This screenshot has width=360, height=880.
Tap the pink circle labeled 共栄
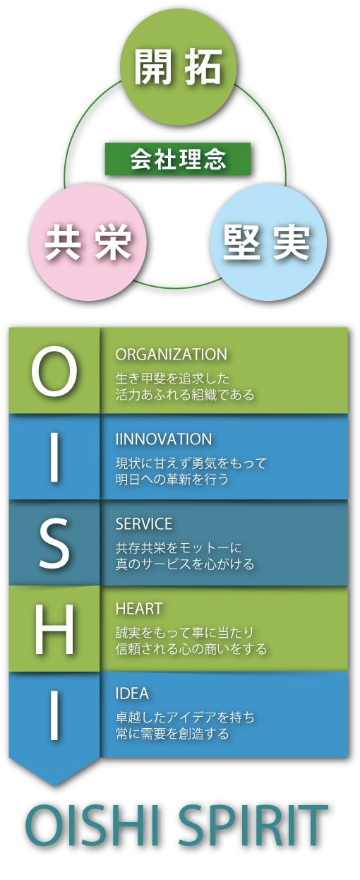click(88, 242)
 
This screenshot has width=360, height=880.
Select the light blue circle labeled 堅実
click(268, 242)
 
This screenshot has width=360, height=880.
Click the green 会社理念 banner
click(178, 159)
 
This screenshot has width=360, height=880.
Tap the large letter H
click(54, 629)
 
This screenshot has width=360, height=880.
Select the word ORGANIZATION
click(171, 355)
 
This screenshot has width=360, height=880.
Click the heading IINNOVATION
click(164, 439)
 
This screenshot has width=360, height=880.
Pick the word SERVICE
click(144, 524)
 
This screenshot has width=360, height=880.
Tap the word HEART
click(138, 609)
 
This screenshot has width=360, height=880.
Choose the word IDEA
click(132, 694)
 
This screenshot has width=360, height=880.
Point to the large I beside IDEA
click(54, 715)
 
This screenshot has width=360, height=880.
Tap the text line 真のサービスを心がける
click(185, 564)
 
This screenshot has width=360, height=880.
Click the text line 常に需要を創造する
click(172, 734)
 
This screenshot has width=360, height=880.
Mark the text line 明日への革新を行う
click(172, 480)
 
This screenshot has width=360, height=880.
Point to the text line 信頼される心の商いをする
click(191, 649)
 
